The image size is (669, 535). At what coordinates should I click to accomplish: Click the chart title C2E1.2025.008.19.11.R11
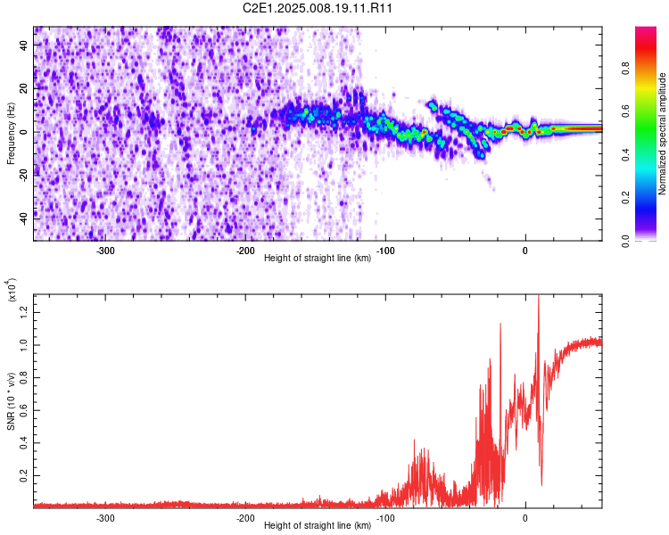pyautogui.click(x=318, y=8)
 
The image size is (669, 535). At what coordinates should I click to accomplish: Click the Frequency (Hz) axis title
pyautogui.click(x=11, y=134)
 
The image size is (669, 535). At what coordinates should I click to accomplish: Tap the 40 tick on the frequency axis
pyautogui.click(x=24, y=45)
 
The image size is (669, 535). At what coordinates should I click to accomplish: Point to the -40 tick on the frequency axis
pyautogui.click(x=24, y=219)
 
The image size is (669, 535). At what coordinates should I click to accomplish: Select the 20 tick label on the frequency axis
pyautogui.click(x=24, y=88)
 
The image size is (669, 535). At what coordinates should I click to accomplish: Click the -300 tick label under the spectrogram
pyautogui.click(x=105, y=251)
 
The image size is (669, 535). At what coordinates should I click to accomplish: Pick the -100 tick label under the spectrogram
pyautogui.click(x=385, y=251)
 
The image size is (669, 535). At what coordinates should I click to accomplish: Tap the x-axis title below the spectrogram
pyautogui.click(x=318, y=258)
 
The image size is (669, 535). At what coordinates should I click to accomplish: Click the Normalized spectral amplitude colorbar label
pyautogui.click(x=662, y=134)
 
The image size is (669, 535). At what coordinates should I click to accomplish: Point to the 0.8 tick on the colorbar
pyautogui.click(x=625, y=69)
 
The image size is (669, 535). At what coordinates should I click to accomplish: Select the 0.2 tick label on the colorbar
pyautogui.click(x=625, y=198)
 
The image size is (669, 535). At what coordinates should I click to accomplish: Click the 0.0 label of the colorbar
pyautogui.click(x=625, y=241)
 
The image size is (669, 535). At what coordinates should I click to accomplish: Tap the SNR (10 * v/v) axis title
pyautogui.click(x=11, y=401)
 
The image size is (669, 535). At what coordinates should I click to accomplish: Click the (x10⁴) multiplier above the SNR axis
pyautogui.click(x=12, y=289)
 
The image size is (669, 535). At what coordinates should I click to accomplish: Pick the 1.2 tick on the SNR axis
pyautogui.click(x=24, y=313)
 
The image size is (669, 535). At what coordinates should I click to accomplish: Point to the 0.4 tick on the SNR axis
pyautogui.click(x=24, y=443)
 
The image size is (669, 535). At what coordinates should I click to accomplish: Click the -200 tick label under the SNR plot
pyautogui.click(x=245, y=518)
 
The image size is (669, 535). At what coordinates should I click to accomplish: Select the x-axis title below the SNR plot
pyautogui.click(x=318, y=525)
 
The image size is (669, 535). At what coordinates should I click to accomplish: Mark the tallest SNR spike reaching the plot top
pyautogui.click(x=539, y=296)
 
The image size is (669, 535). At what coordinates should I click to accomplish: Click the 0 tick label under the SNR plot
pyautogui.click(x=525, y=518)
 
